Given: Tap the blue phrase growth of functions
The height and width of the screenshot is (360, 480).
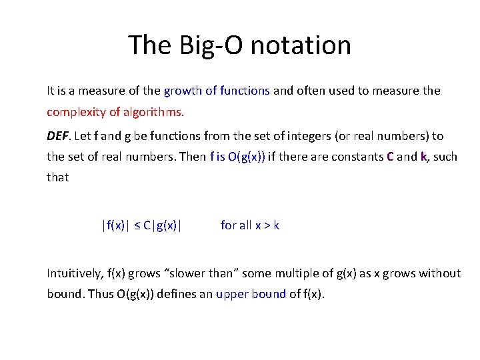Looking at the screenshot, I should click(217, 90).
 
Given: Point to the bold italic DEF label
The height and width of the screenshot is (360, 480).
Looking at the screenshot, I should click(57, 136).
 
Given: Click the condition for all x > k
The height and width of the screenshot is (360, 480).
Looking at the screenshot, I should click(250, 225).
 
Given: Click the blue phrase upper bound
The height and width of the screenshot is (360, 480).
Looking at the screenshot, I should click(251, 294).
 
